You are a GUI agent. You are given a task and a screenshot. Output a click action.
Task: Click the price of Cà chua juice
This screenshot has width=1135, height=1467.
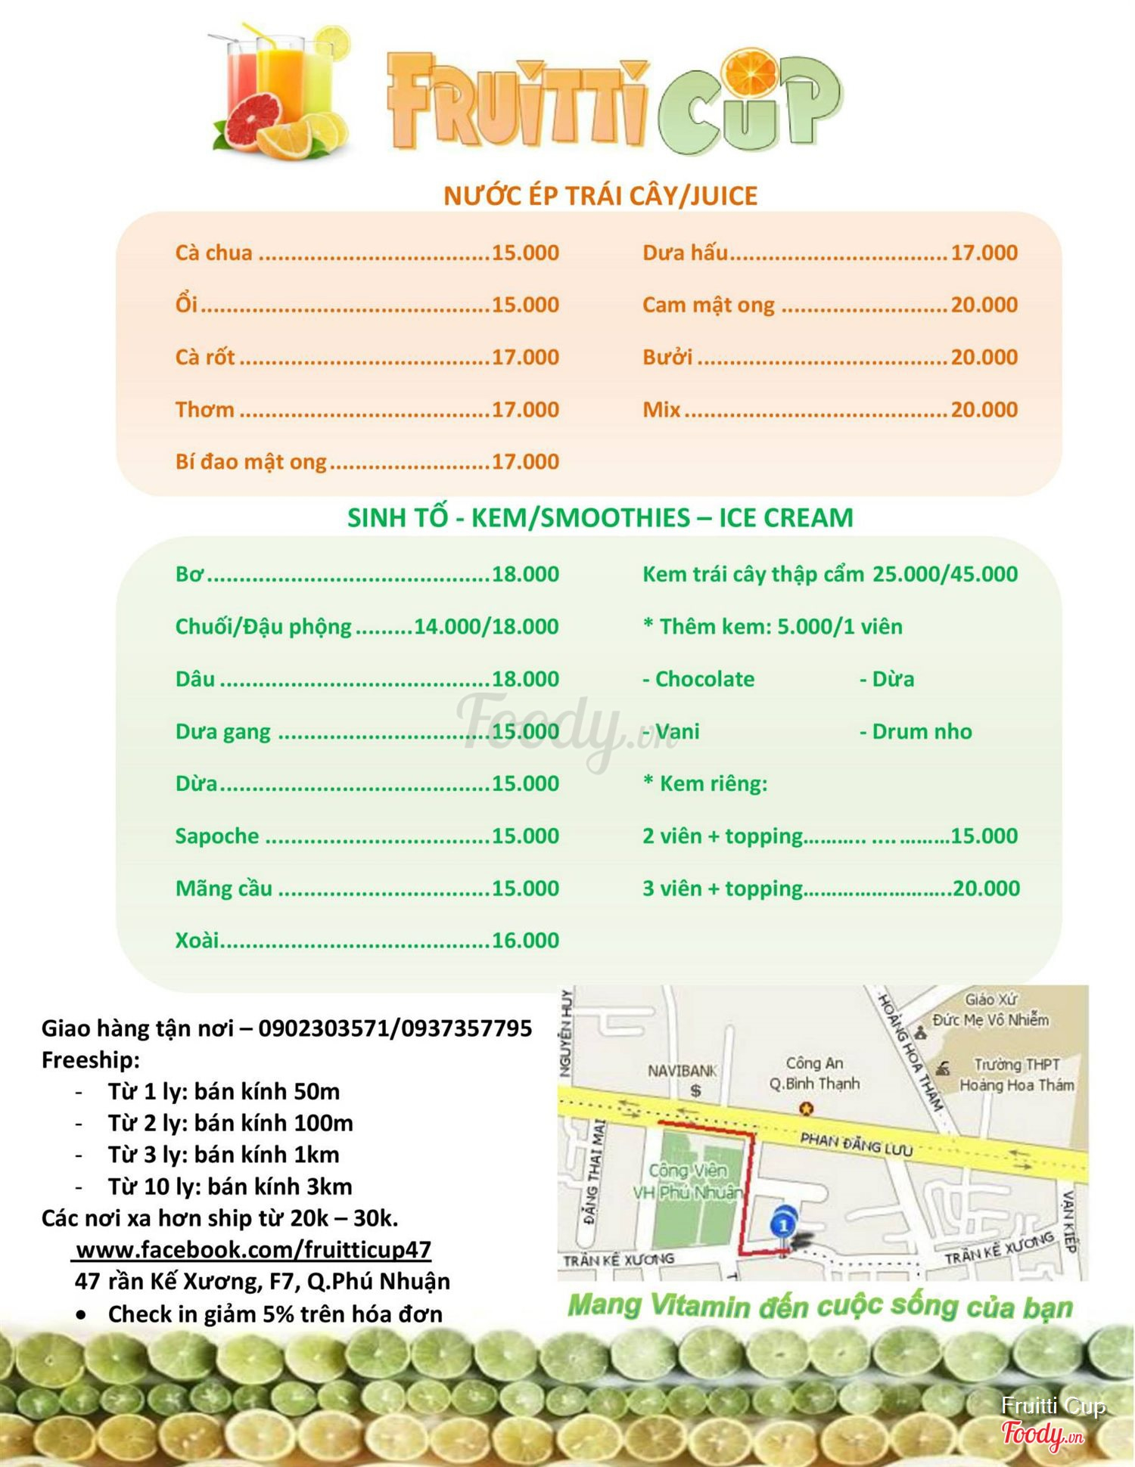click(525, 253)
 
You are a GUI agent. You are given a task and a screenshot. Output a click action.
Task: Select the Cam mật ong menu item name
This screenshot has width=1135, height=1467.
click(708, 305)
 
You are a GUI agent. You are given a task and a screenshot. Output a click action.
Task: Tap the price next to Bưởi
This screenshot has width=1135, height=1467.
click(984, 357)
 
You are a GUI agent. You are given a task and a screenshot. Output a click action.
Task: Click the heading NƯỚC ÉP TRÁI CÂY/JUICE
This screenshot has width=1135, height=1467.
click(600, 196)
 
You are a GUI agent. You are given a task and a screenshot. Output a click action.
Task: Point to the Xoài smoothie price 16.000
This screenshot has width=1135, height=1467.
click(525, 940)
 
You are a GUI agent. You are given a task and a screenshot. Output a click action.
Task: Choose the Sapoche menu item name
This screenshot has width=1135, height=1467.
click(217, 836)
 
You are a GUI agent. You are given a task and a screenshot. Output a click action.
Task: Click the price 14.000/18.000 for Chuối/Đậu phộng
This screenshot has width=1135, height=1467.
click(486, 626)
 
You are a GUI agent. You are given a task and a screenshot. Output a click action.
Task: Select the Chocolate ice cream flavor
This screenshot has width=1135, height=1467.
click(704, 679)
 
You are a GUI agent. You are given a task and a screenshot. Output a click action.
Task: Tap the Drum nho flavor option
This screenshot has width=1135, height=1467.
click(921, 731)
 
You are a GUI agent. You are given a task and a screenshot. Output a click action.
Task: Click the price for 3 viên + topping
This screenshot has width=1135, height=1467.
click(986, 888)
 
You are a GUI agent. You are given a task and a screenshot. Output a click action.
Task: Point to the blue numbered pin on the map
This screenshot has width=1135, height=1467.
click(783, 1223)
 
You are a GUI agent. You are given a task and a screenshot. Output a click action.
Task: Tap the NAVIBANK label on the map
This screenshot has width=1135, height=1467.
click(682, 1071)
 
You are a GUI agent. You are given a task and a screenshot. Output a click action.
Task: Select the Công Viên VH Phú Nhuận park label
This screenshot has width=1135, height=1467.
click(687, 1181)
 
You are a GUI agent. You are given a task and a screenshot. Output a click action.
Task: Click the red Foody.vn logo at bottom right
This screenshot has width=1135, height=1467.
click(1042, 1434)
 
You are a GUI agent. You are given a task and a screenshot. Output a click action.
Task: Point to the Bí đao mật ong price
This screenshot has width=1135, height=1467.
click(525, 461)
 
